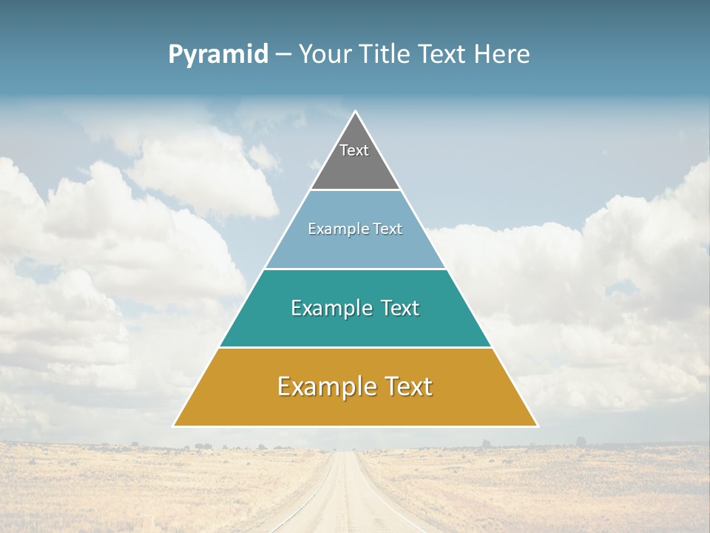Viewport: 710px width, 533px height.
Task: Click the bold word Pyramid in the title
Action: pyautogui.click(x=218, y=55)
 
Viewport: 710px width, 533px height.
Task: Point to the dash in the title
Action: pyautogui.click(x=283, y=55)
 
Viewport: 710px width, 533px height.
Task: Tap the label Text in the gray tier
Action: pyautogui.click(x=354, y=150)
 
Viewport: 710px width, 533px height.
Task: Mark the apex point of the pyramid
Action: pyautogui.click(x=355, y=112)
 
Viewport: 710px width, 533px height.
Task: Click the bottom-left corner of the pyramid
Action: pyautogui.click(x=174, y=426)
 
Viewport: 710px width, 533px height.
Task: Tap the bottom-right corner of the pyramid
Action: pyautogui.click(x=537, y=426)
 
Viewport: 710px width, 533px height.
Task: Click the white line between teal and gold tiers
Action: pyautogui.click(x=355, y=347)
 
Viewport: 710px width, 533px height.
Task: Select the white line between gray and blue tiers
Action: pyautogui.click(x=355, y=190)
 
